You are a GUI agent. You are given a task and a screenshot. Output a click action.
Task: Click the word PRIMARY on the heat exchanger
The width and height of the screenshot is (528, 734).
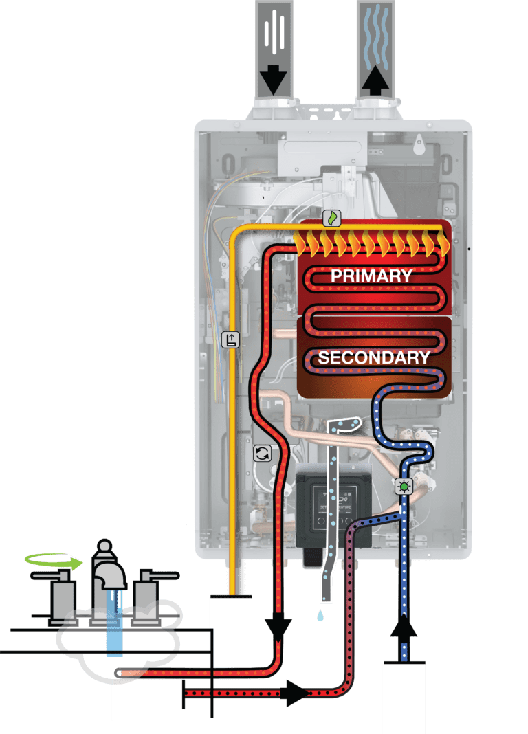371,276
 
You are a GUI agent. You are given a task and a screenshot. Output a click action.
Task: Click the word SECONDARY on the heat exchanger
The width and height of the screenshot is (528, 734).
373,357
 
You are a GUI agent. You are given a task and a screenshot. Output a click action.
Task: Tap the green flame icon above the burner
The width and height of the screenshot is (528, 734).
331,218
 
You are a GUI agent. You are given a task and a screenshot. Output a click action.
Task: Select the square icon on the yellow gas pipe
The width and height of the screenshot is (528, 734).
232,339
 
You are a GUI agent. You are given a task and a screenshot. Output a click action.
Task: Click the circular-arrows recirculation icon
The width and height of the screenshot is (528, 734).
262,452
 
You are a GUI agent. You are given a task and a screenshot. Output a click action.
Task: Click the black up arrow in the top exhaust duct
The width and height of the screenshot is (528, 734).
375,81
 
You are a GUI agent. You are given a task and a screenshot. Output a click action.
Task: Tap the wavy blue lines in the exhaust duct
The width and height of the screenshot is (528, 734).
375,38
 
